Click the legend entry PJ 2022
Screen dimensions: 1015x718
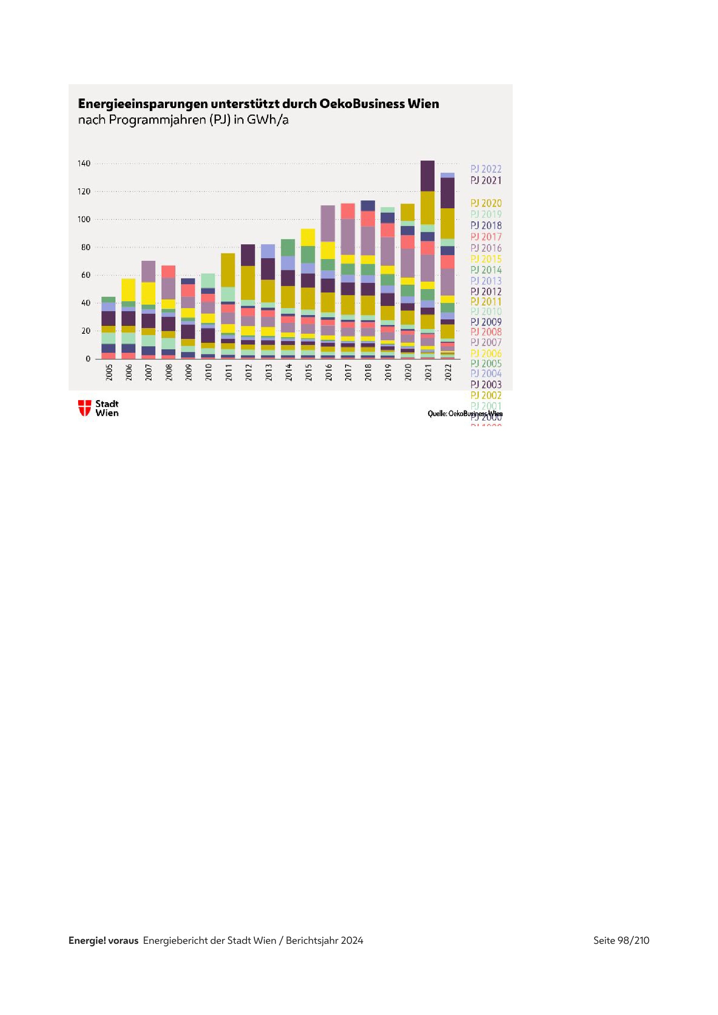485,169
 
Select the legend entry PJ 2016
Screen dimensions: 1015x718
485,248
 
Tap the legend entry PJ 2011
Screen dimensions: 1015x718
485,302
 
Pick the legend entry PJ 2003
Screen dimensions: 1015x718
485,384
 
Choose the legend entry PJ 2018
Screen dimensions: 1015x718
485,226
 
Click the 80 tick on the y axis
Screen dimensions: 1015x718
86,247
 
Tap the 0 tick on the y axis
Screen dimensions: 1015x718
88,359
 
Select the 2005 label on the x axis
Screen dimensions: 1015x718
109,372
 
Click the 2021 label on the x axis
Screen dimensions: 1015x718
428,372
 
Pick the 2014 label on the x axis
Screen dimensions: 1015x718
288,372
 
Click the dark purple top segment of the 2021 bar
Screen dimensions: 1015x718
428,175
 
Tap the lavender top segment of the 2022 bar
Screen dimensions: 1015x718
448,175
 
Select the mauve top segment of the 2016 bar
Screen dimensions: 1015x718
328,223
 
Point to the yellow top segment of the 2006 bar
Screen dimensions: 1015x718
128,289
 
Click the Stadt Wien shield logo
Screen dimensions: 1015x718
85,407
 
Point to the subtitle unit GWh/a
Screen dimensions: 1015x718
267,120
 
